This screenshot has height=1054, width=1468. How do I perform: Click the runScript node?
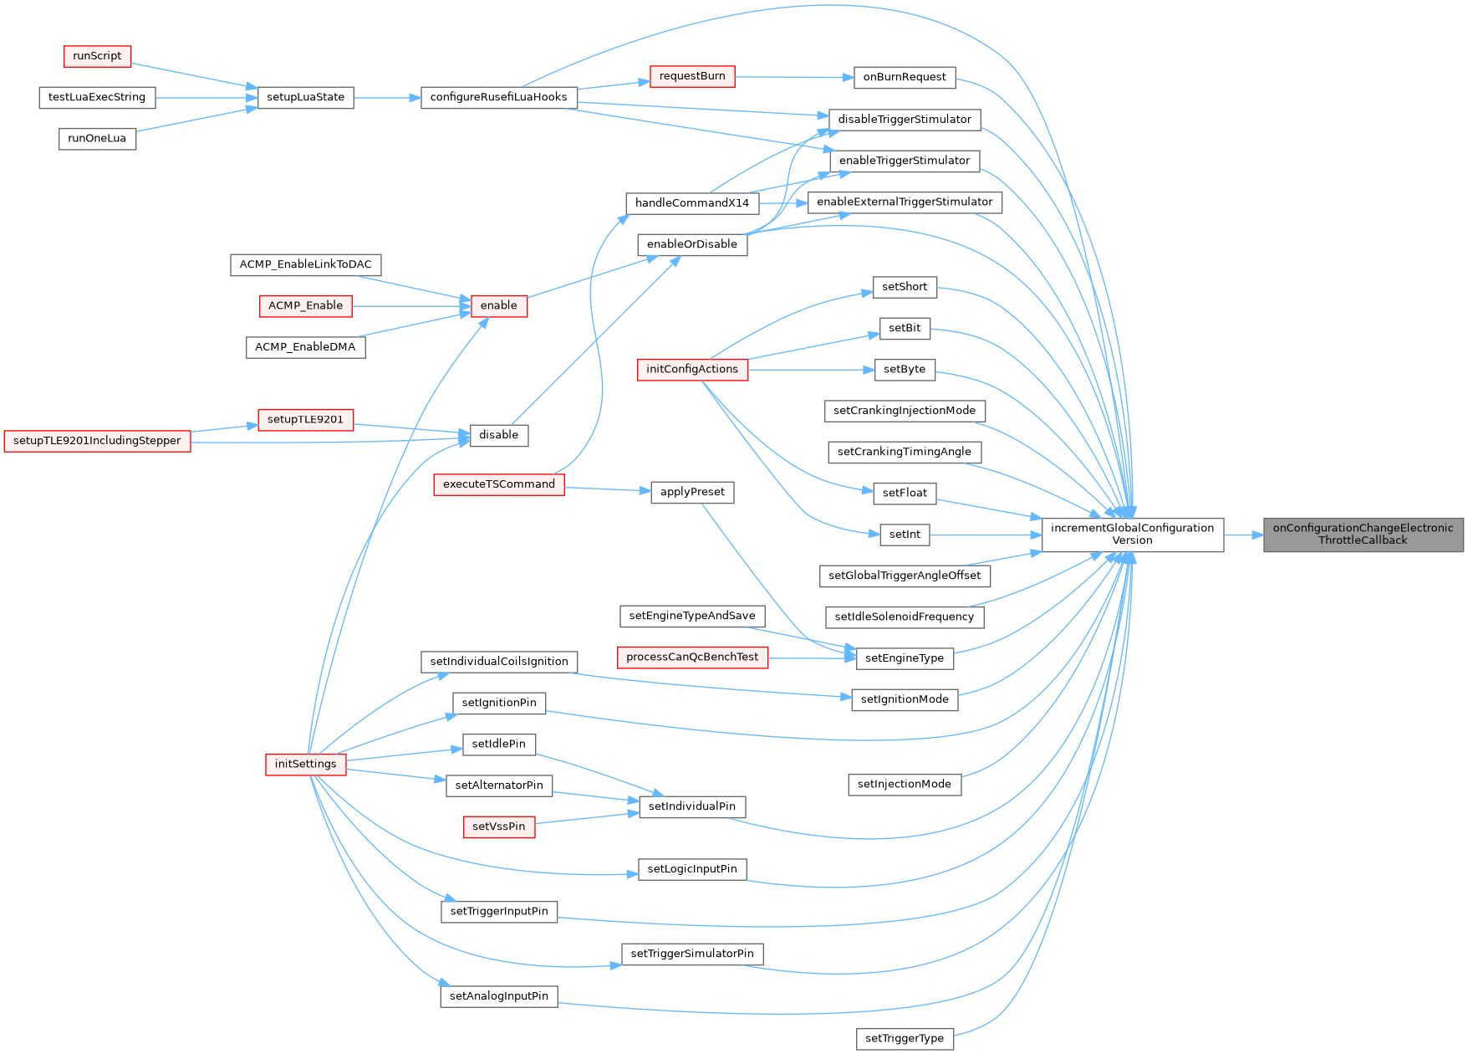click(x=97, y=56)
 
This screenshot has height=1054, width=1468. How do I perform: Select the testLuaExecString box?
click(x=97, y=97)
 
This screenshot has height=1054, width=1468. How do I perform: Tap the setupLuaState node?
click(x=305, y=97)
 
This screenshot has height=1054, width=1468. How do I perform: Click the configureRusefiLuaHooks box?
click(x=498, y=97)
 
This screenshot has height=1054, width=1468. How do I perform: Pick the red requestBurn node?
click(x=692, y=76)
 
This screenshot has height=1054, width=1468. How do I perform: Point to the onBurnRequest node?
click(x=904, y=77)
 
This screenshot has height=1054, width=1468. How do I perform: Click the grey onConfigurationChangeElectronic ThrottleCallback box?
click(x=1363, y=534)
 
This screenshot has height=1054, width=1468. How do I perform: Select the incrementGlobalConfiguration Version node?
click(x=1132, y=534)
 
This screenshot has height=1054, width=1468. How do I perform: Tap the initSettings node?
click(x=305, y=764)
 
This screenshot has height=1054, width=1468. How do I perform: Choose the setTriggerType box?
click(x=904, y=1038)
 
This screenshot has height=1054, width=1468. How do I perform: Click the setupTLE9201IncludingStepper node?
click(x=97, y=441)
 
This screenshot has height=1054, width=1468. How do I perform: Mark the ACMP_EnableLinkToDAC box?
click(x=305, y=264)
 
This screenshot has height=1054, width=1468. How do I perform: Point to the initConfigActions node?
click(x=692, y=369)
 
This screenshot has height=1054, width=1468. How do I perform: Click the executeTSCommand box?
click(x=498, y=484)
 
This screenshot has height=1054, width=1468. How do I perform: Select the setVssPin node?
click(x=498, y=826)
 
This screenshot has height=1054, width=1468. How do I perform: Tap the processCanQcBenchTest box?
click(x=692, y=657)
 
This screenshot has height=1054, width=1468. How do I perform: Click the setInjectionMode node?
click(x=904, y=784)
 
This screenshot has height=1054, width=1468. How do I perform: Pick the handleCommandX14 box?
click(x=692, y=203)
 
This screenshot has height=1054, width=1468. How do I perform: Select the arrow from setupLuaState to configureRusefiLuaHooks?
click(x=387, y=98)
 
